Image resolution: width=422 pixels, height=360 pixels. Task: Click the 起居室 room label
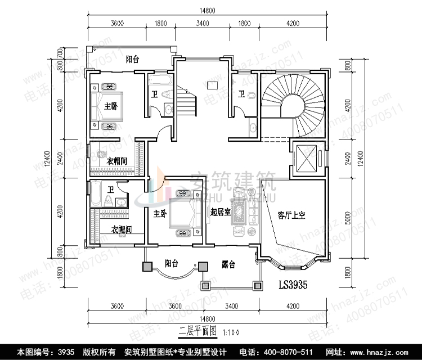click(x=219, y=213)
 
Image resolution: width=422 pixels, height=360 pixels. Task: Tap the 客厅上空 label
click(x=291, y=215)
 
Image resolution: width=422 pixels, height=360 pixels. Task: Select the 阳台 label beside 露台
click(x=172, y=263)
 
